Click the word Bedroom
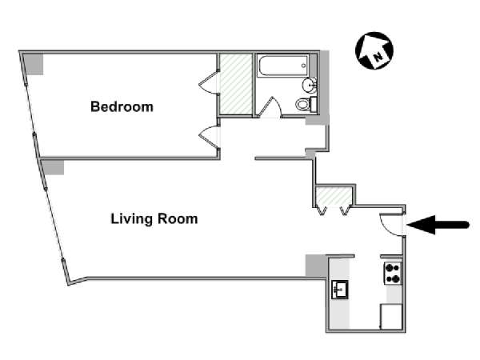[122, 106]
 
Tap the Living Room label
[154, 218]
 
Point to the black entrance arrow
[439, 226]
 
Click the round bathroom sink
[309, 86]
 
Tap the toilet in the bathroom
[305, 104]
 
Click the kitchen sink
[339, 289]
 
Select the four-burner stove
[392, 274]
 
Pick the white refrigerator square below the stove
[391, 316]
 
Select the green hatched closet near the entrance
[333, 198]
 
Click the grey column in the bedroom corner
[34, 64]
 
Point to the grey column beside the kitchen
[315, 266]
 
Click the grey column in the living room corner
[53, 166]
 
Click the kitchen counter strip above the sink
[339, 267]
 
